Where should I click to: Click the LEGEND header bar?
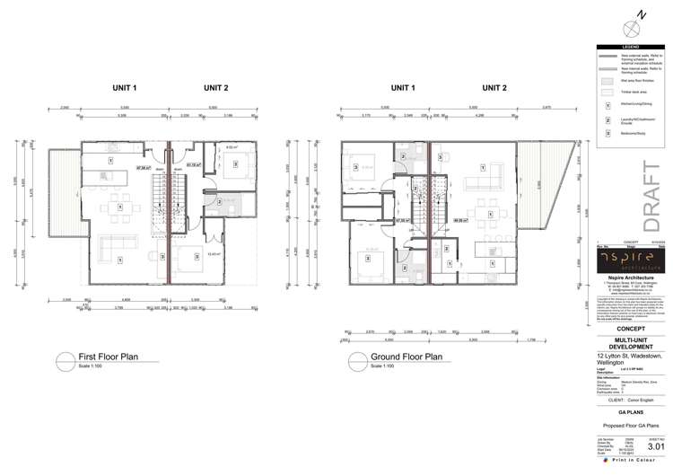click(x=634, y=47)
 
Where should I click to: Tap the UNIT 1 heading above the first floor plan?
click(x=125, y=88)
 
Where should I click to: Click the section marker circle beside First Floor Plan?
click(x=65, y=360)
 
